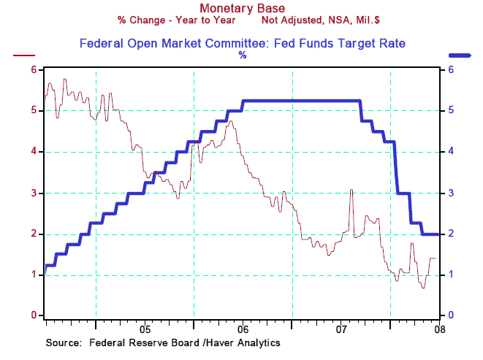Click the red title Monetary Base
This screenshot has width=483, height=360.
click(x=241, y=9)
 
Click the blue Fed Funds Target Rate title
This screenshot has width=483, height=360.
click(x=242, y=44)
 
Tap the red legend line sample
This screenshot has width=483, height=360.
click(x=25, y=55)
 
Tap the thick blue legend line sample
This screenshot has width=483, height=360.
click(x=459, y=55)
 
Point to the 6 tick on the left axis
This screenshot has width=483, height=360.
click(x=34, y=69)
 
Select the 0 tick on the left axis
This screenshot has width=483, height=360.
click(x=34, y=315)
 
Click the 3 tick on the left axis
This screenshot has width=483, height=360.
click(x=34, y=193)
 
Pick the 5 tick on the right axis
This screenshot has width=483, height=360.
click(x=452, y=111)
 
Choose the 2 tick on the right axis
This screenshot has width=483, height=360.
click(x=452, y=234)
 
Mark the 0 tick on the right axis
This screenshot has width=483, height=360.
click(x=452, y=315)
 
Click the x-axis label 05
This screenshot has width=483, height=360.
click(x=145, y=329)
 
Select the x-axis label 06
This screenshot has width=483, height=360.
click(x=243, y=329)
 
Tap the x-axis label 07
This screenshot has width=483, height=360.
click(x=341, y=329)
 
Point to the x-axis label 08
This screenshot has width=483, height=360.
click(x=439, y=329)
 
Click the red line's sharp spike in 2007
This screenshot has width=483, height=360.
click(x=351, y=191)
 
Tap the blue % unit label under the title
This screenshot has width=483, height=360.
click(x=242, y=55)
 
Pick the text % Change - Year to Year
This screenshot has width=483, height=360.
click(x=176, y=21)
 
